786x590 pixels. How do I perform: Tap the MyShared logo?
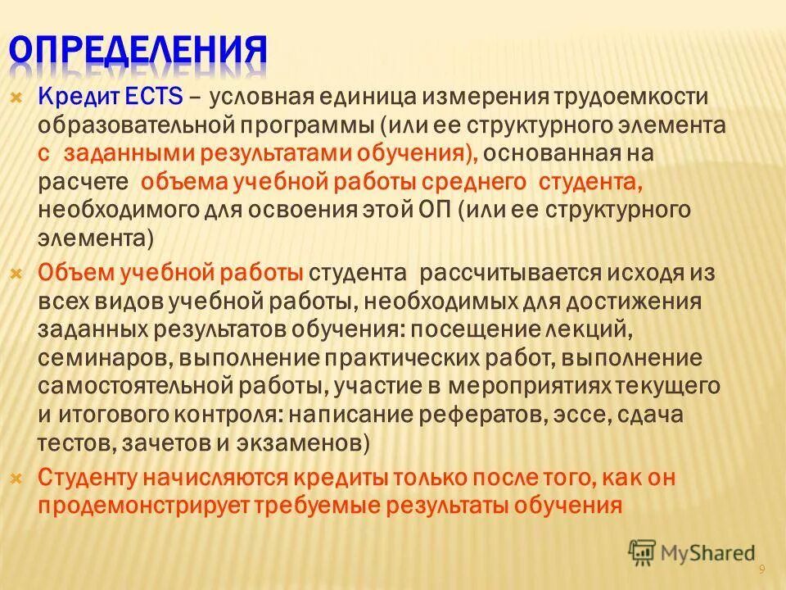(692, 553)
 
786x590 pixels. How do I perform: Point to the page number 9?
(761, 569)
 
